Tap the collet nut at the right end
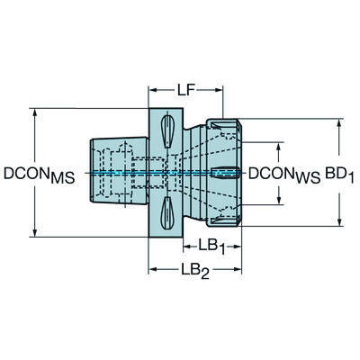(226, 171)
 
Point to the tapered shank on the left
(112, 171)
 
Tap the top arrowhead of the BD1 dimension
(340, 120)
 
